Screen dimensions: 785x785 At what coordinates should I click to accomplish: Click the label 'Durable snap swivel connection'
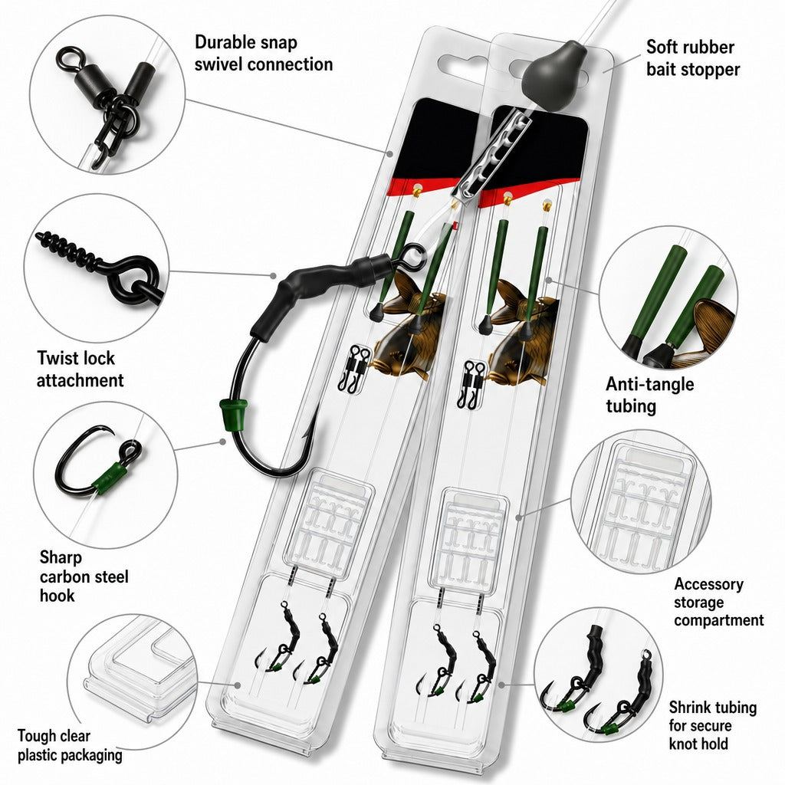(264, 53)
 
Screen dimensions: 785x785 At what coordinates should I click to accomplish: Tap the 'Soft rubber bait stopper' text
(693, 58)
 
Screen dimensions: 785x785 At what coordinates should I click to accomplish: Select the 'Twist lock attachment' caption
(80, 369)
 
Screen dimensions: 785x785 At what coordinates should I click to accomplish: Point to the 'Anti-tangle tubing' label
(650, 395)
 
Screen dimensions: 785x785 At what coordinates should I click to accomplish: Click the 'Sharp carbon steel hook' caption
(84, 576)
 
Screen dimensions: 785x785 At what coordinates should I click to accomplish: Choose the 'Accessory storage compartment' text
(718, 602)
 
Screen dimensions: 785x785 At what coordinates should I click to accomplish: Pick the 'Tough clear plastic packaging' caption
(70, 745)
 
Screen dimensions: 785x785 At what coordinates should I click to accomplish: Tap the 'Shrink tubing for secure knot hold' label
(712, 725)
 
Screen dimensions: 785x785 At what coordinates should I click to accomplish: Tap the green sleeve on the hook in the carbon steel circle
(110, 478)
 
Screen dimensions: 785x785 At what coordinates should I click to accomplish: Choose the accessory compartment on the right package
(468, 540)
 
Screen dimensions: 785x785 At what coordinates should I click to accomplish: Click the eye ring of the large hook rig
(412, 255)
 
